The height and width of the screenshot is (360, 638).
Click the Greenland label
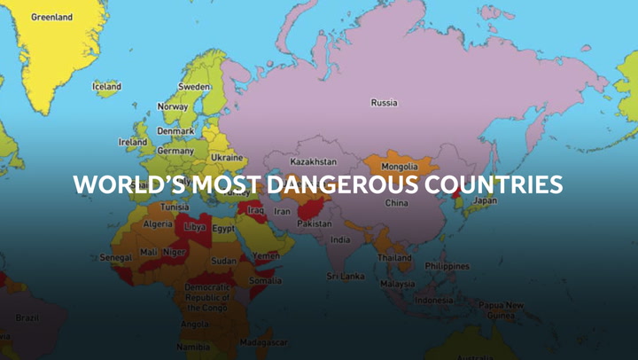52,17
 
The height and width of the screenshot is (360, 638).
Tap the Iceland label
107,86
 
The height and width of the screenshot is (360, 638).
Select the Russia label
384,102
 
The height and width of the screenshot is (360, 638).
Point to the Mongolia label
399,166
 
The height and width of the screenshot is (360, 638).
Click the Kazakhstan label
314,162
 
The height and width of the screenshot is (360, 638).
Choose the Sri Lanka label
345,276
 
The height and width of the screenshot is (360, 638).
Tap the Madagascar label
262,341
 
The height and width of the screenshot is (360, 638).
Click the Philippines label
447,265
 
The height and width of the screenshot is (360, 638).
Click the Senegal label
115,257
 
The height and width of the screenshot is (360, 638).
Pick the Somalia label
265,280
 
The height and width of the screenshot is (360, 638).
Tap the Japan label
485,200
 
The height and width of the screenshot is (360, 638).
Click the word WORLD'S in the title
120,184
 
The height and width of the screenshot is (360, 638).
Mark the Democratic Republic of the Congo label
207,297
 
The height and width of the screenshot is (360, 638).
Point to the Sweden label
194,87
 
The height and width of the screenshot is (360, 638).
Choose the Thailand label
394,257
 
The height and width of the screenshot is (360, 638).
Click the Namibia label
193,347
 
